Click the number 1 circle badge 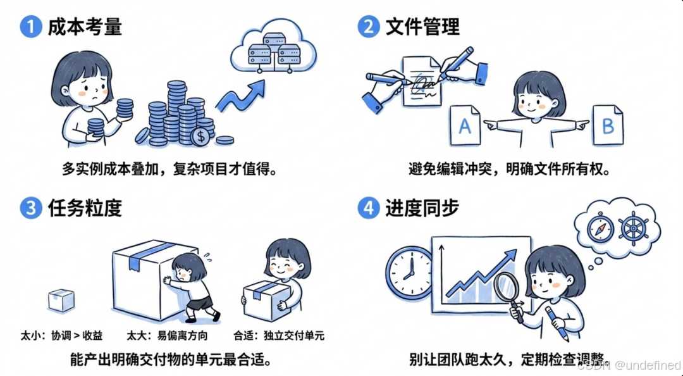coord(30,27)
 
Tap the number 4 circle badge coord(368,209)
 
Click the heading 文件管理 coord(422,27)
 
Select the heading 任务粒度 coord(84,209)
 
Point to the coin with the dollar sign coord(201,135)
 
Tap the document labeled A coord(465,126)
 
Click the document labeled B coord(607,126)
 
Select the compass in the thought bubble coord(600,229)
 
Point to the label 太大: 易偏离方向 coord(167,335)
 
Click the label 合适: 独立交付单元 coord(279,335)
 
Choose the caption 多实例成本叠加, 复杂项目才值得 coord(169,170)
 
